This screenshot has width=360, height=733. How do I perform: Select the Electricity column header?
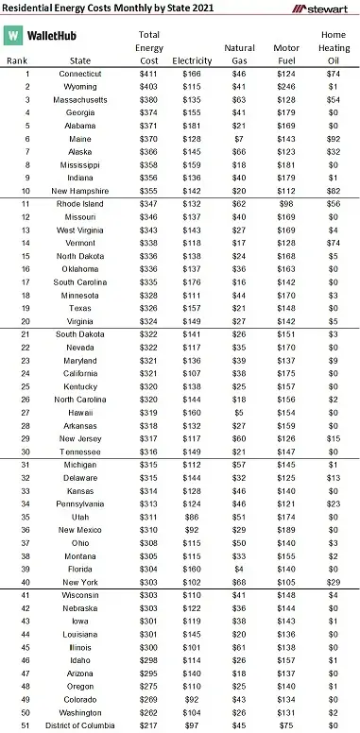192,59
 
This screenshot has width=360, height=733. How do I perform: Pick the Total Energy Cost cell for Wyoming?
149,85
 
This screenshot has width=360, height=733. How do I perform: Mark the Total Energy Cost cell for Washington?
149,712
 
